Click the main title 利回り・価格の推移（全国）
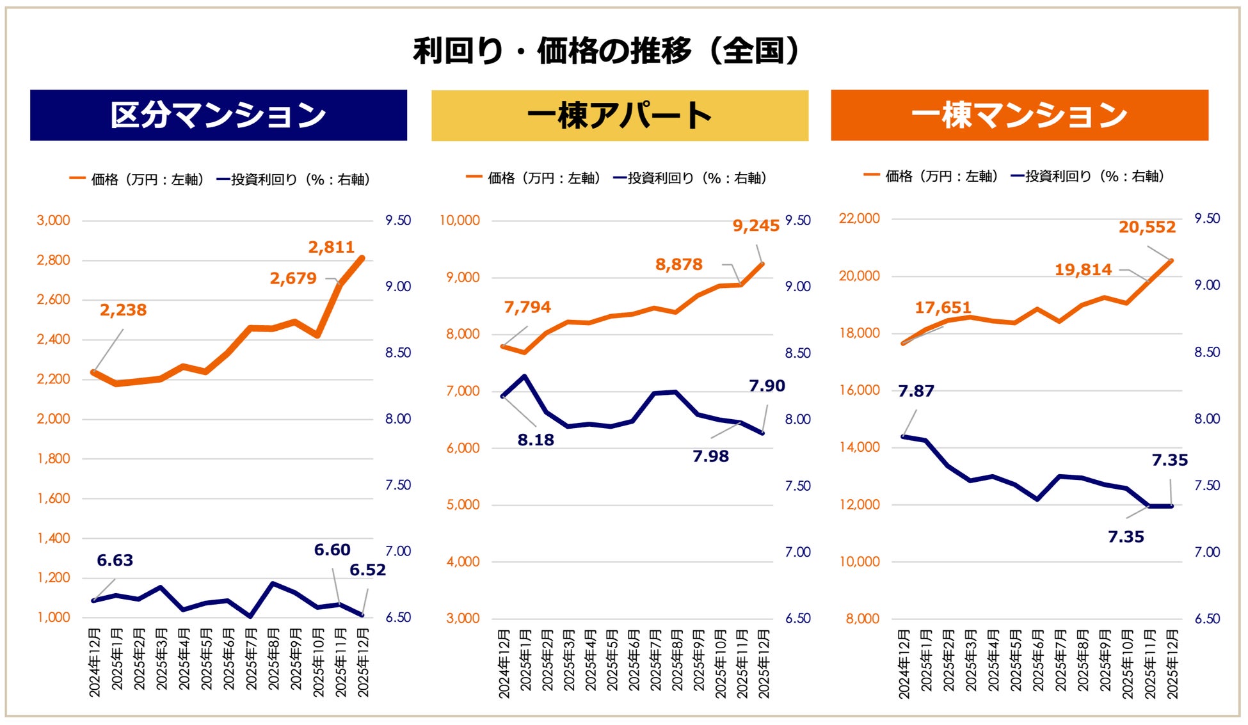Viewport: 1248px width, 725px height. (x=606, y=51)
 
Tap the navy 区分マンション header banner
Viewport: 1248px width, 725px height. (x=218, y=115)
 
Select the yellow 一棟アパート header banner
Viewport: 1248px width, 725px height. (x=620, y=116)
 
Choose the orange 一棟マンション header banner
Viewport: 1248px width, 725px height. (x=1019, y=115)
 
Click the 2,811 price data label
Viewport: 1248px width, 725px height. (x=331, y=247)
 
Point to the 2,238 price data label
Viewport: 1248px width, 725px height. (x=123, y=310)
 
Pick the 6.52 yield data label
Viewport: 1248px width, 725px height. (x=367, y=570)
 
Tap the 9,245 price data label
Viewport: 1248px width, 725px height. (x=756, y=226)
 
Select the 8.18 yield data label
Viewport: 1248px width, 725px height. (x=536, y=440)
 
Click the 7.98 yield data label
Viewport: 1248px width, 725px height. (x=710, y=457)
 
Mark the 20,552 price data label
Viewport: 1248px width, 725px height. (x=1147, y=227)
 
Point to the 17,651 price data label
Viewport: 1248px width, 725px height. (x=943, y=308)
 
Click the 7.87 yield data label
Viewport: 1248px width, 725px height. (x=916, y=391)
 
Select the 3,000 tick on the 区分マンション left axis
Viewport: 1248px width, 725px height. (x=53, y=221)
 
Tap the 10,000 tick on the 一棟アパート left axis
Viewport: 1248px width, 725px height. (x=459, y=221)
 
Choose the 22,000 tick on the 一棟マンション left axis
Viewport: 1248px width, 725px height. (x=859, y=219)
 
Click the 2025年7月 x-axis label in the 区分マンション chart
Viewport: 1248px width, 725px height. (x=251, y=659)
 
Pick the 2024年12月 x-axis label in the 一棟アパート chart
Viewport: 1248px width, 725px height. (x=504, y=663)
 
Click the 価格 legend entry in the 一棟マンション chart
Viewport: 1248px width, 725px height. (x=932, y=176)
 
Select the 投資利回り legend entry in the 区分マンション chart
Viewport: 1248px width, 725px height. (x=293, y=180)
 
